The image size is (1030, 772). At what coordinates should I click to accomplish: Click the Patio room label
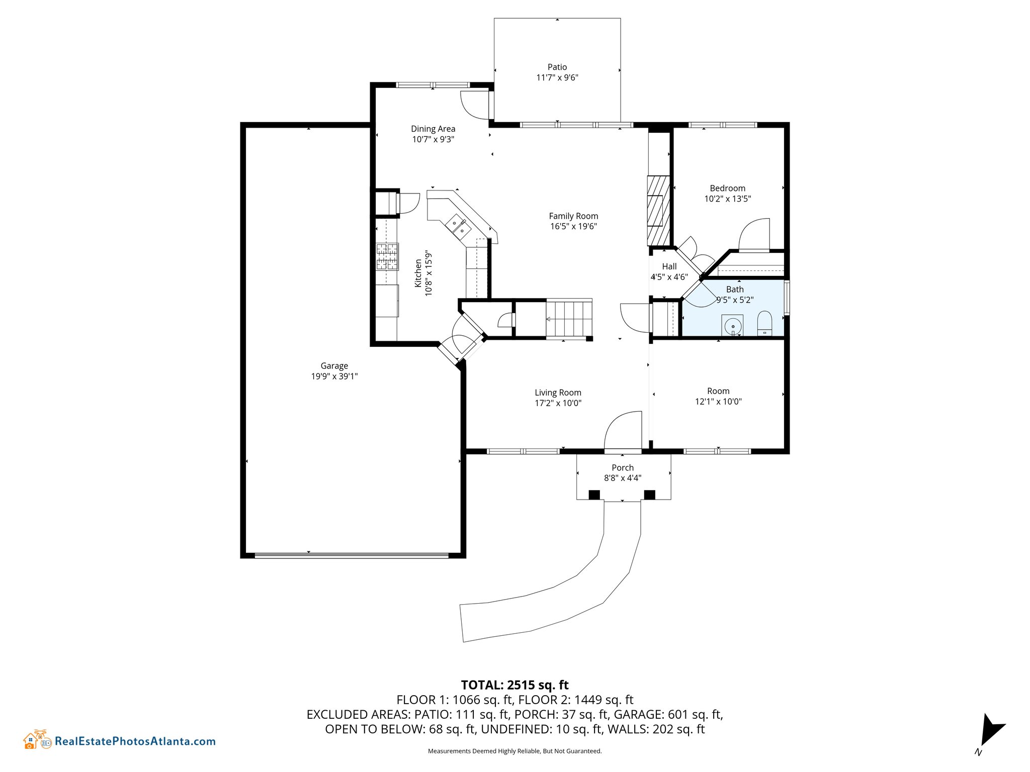coord(557,67)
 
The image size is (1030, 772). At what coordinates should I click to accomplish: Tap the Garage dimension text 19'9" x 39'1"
coord(334,376)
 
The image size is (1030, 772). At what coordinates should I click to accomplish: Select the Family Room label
coord(573,216)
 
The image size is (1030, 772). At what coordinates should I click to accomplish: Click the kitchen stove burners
coord(387,257)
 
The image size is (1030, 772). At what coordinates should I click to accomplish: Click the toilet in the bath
coord(764,323)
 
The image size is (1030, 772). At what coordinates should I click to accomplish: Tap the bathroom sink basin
coord(733,326)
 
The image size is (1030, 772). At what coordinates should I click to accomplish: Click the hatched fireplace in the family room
coord(659,210)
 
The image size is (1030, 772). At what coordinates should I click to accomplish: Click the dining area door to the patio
coord(475,105)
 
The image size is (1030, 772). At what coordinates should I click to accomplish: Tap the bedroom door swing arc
coord(754,234)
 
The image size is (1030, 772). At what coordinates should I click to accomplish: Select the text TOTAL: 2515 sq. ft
coord(514,685)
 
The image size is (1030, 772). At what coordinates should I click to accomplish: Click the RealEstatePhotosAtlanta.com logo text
coord(135,741)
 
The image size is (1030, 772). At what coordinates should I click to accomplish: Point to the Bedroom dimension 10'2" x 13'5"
coord(727,199)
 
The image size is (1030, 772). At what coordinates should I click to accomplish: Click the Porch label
coord(623,468)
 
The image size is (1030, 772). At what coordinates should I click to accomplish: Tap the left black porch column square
coord(594,495)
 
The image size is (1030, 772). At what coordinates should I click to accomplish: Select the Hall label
coord(669,266)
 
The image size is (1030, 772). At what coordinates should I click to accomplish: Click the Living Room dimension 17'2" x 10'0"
coord(558,403)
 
